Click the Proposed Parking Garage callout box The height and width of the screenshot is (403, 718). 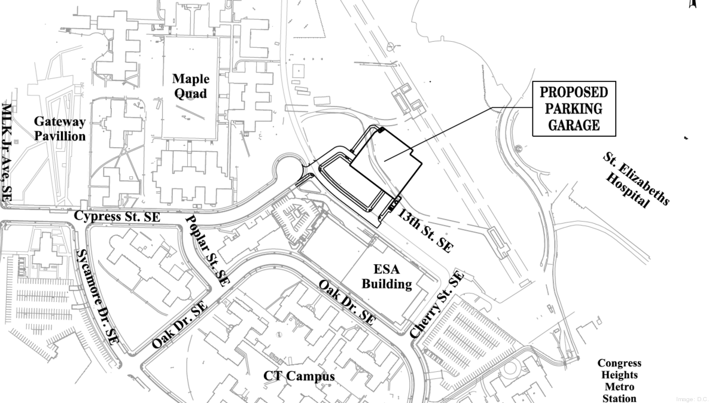click(x=574, y=109)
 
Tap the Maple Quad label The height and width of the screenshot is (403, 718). click(x=191, y=86)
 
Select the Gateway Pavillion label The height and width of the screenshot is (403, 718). click(x=59, y=129)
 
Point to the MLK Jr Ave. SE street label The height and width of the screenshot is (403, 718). click(x=8, y=152)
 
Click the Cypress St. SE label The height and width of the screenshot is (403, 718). click(x=117, y=216)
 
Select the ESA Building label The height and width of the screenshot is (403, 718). click(x=387, y=277)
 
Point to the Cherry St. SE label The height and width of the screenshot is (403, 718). click(x=437, y=304)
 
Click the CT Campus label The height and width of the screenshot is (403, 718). click(x=299, y=376)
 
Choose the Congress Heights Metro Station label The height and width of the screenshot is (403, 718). click(x=619, y=380)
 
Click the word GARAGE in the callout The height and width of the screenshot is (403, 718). click(x=574, y=125)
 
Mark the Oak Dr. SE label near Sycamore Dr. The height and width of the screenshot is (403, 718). click(x=179, y=325)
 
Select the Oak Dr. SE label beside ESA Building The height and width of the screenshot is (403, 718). click(x=346, y=303)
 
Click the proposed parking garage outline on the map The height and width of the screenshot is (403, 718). click(x=386, y=158)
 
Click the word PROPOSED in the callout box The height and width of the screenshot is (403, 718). click(x=574, y=93)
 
